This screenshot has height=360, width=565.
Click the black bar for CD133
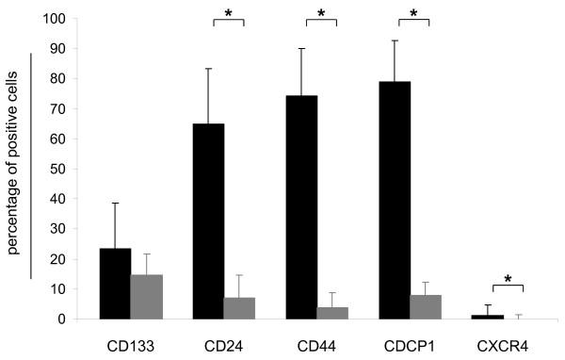116,284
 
